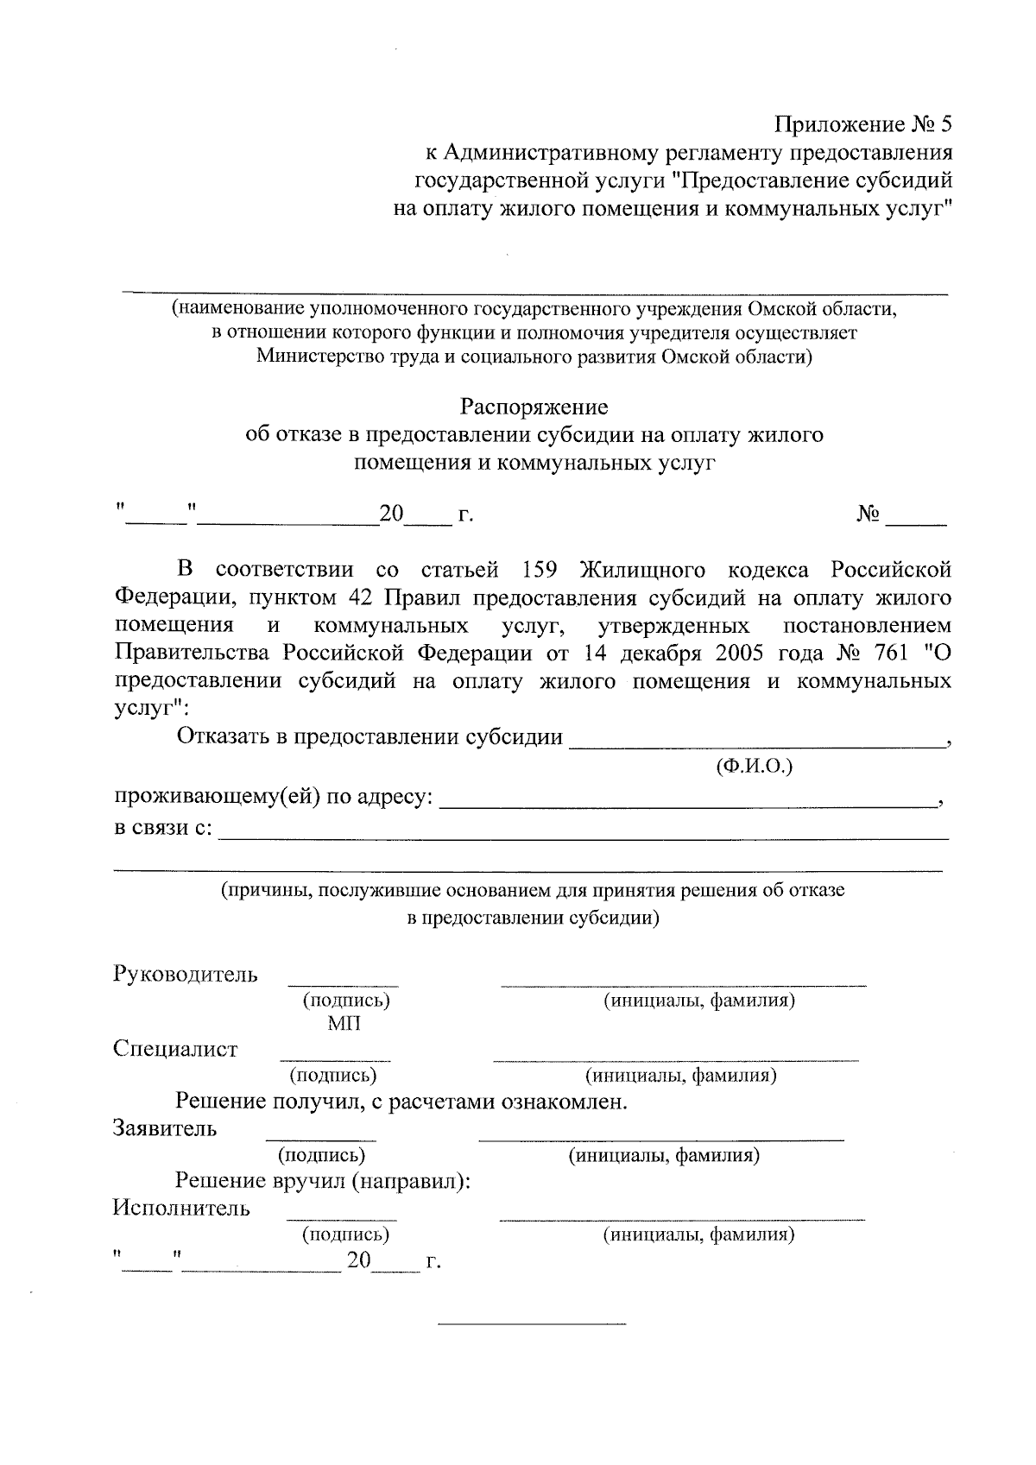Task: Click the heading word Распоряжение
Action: (x=534, y=407)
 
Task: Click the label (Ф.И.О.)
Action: (x=754, y=766)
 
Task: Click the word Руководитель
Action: (x=185, y=975)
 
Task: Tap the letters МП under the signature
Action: (x=344, y=1024)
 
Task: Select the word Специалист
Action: (x=174, y=1050)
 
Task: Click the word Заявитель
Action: (x=164, y=1128)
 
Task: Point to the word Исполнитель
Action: (x=181, y=1208)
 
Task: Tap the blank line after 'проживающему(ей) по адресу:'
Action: (x=688, y=805)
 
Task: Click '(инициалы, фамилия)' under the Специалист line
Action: (x=681, y=1076)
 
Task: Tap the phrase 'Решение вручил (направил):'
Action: (x=323, y=1182)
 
